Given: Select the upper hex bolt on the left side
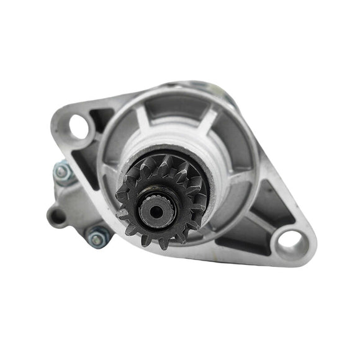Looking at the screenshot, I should point(62,172).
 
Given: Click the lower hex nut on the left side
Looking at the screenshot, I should point(97,236).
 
